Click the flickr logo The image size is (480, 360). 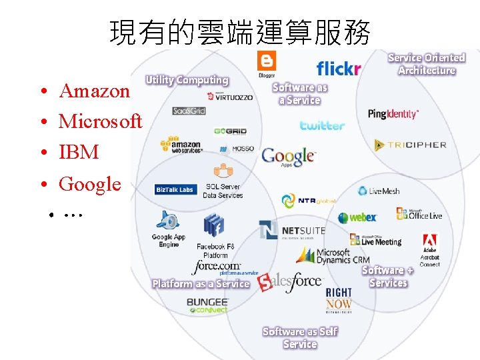(x=338, y=68)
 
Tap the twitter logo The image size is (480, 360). (x=322, y=125)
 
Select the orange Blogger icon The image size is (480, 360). (x=267, y=62)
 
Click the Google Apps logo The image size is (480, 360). (x=288, y=157)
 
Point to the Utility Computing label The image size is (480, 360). (x=187, y=80)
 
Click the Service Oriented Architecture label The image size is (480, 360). (x=427, y=64)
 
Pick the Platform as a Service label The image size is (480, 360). (x=201, y=284)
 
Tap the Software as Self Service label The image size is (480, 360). (x=300, y=337)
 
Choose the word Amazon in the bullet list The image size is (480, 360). (x=95, y=91)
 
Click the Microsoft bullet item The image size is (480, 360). (x=100, y=121)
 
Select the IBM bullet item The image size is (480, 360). (x=79, y=152)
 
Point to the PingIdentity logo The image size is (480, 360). (x=393, y=114)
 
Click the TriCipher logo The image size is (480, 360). (x=410, y=144)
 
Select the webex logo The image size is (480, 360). (x=357, y=217)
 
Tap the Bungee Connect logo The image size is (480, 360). (x=207, y=305)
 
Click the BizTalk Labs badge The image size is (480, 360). (x=175, y=190)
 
